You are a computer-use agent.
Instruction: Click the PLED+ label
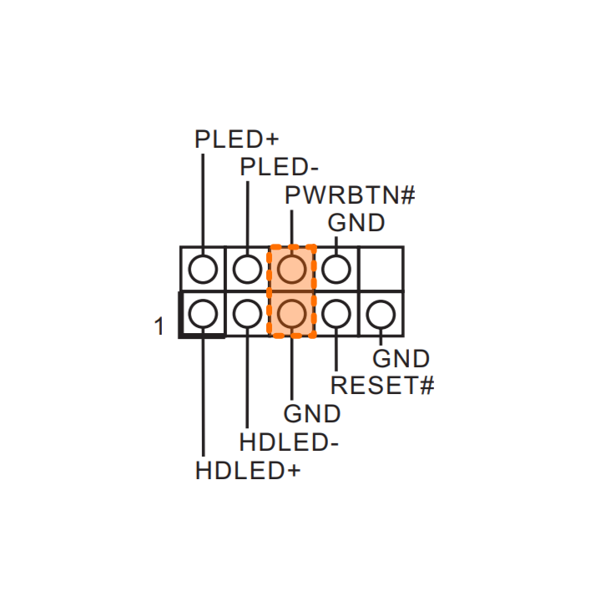[236, 139]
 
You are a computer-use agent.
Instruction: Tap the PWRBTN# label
[350, 196]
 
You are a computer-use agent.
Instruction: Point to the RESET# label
[383, 386]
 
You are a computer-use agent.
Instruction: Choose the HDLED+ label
[247, 470]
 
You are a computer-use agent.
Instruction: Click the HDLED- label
[289, 442]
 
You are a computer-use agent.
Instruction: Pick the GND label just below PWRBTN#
[356, 224]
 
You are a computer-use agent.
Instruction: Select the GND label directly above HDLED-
[312, 414]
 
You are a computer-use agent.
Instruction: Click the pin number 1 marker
[159, 326]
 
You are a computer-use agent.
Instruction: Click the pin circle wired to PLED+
[203, 269]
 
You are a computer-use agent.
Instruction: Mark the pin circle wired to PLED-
[247, 269]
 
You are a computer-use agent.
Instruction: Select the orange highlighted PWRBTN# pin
[291, 269]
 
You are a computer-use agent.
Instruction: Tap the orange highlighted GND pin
[291, 314]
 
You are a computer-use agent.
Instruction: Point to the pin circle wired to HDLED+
[203, 314]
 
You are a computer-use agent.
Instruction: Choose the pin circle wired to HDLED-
[247, 314]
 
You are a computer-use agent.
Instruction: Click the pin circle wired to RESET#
[336, 314]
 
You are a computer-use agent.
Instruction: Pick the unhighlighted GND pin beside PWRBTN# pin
[336, 269]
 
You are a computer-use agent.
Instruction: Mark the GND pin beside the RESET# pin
[380, 314]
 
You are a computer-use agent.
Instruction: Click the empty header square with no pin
[381, 268]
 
